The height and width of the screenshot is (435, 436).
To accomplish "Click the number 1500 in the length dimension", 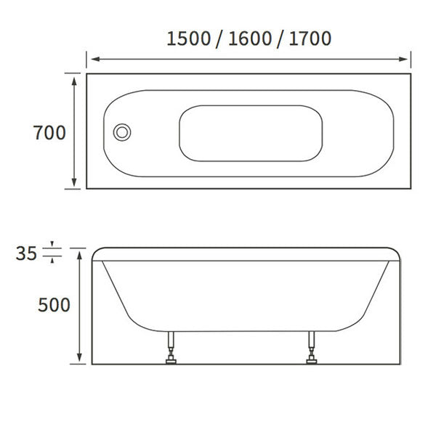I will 188,38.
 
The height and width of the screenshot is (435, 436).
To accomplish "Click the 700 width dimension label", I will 49,133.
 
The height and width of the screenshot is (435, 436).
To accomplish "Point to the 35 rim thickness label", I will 26,253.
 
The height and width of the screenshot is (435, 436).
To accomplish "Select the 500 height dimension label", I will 54,305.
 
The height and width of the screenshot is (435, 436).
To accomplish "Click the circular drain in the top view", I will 122,132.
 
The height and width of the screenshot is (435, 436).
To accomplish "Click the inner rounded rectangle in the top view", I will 251,133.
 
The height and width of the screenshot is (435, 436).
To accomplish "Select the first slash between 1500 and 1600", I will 219,38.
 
